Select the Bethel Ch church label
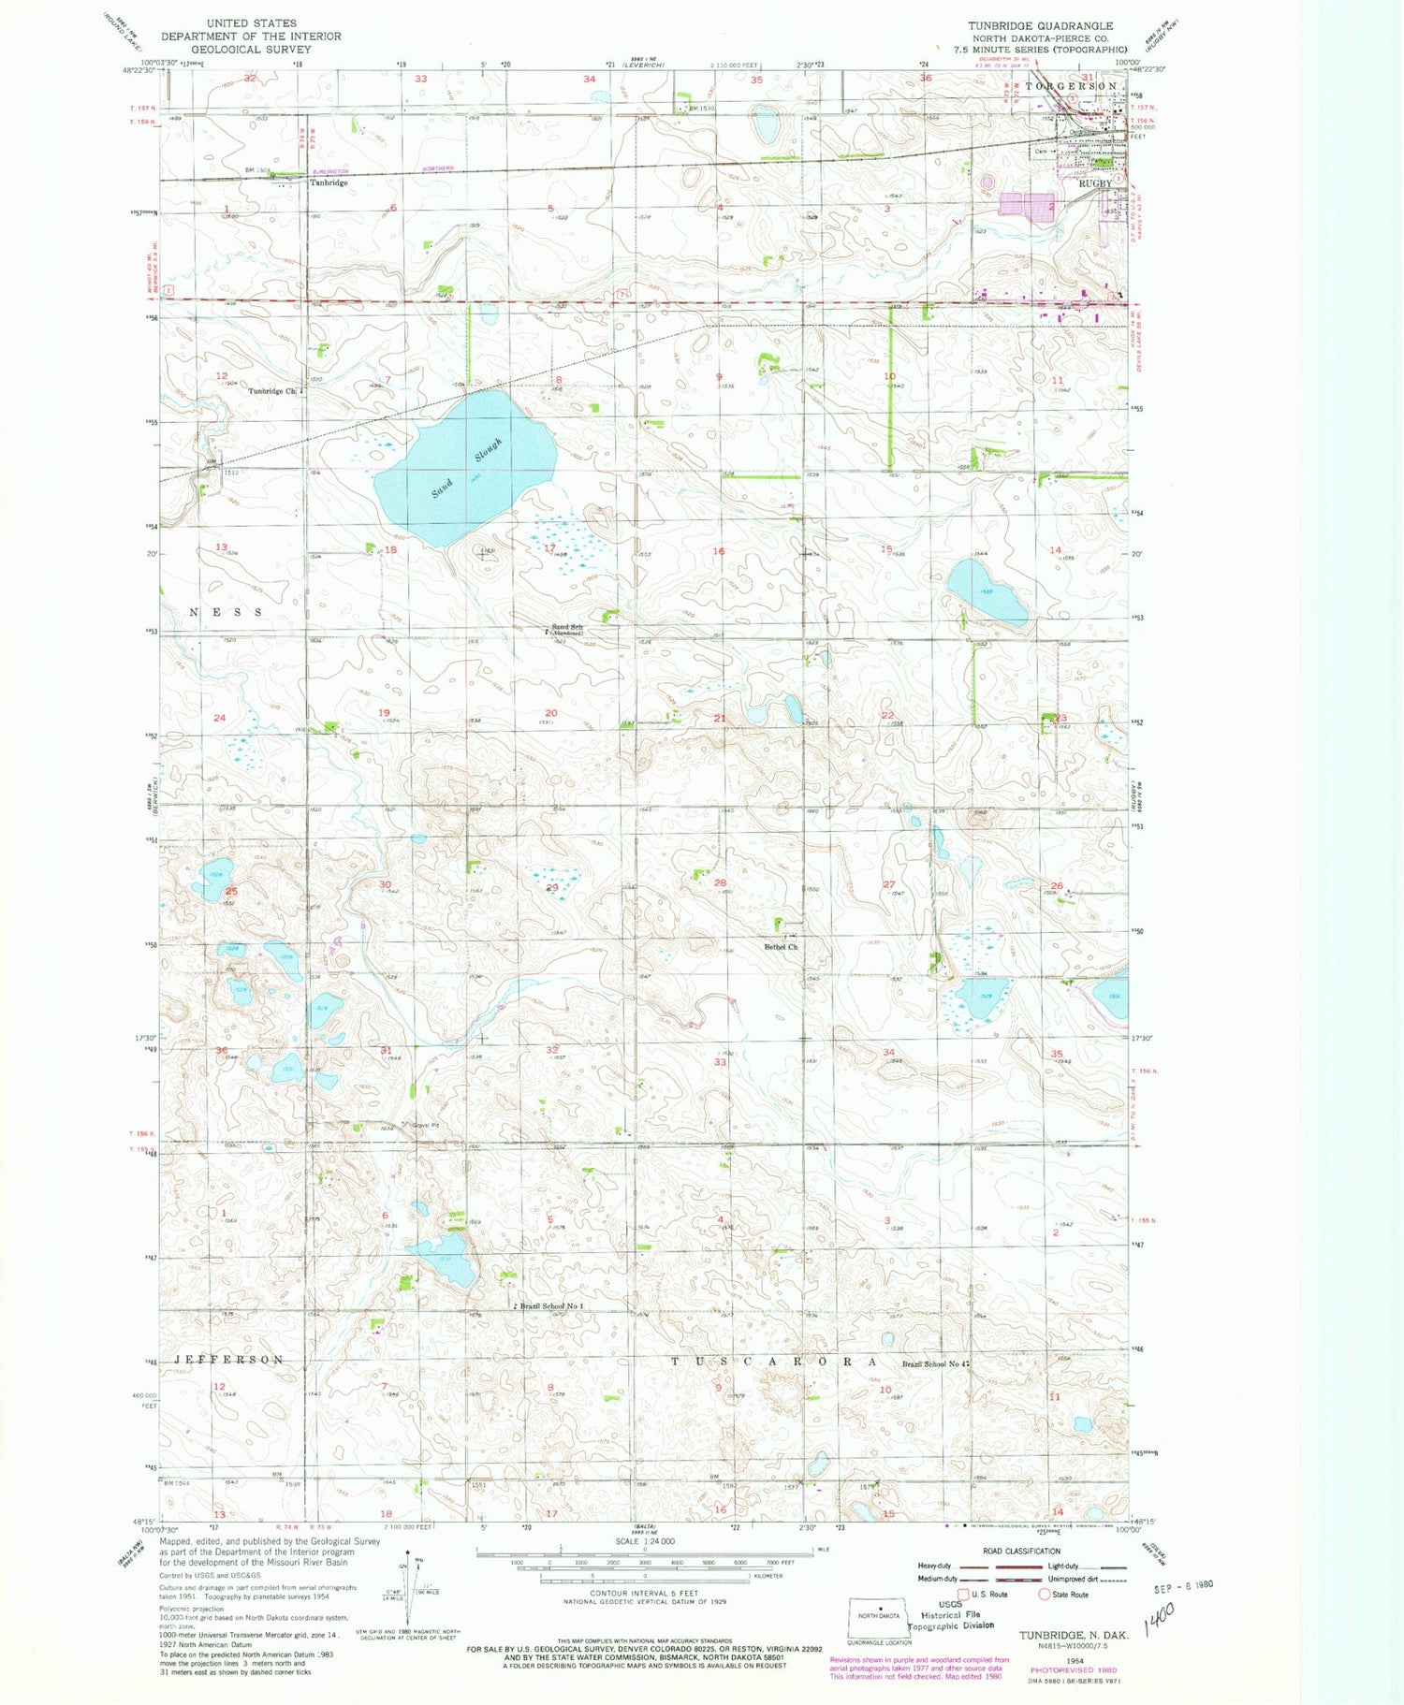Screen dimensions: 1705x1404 (x=781, y=947)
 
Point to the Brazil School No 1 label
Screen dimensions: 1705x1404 (x=551, y=1306)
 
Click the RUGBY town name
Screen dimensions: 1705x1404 (x=1095, y=183)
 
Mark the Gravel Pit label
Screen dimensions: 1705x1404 (x=420, y=1124)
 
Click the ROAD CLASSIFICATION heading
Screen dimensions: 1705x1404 (x=1021, y=1551)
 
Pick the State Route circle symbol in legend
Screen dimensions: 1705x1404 (x=1045, y=1594)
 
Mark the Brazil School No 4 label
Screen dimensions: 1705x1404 (x=933, y=1364)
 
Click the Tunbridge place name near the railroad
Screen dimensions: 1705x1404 (x=329, y=183)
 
